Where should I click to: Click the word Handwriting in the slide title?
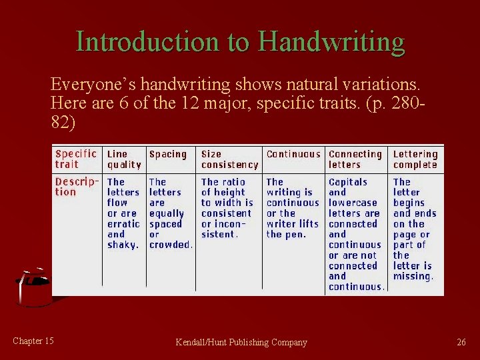(331, 42)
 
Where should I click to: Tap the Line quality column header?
(124, 159)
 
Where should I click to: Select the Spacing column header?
(168, 154)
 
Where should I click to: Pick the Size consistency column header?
(229, 159)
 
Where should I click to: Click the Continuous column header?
(293, 154)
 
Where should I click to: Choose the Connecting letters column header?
(355, 159)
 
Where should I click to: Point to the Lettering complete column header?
(415, 159)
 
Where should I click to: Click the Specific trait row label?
(75, 159)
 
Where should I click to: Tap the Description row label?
(77, 187)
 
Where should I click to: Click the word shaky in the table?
(123, 245)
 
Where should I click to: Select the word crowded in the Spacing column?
(171, 245)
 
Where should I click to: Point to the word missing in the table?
(413, 276)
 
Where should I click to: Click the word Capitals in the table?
(348, 182)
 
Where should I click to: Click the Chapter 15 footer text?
(33, 341)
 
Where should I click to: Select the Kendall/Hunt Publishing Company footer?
(241, 342)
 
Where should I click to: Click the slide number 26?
(461, 342)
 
